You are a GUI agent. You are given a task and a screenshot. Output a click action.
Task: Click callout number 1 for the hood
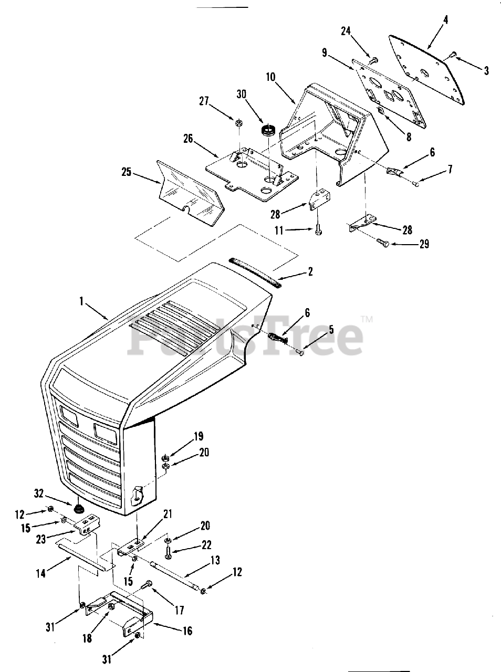pos(81,301)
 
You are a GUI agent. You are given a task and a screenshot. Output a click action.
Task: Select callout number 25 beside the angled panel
pos(126,172)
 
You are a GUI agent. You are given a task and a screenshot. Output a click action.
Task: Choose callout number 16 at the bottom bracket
pos(187,631)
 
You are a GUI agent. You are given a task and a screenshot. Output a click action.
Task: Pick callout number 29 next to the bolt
pos(424,244)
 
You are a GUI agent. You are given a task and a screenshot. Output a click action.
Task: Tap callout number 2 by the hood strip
pos(310,271)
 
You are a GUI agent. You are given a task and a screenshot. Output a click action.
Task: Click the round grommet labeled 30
pos(269,130)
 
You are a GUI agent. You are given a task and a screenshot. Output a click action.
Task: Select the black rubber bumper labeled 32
pos(80,509)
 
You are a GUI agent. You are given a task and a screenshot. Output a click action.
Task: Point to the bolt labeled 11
pos(318,229)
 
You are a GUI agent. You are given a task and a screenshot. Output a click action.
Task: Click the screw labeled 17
pos(148,583)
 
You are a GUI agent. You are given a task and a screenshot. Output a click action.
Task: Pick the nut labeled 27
pos(238,123)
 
